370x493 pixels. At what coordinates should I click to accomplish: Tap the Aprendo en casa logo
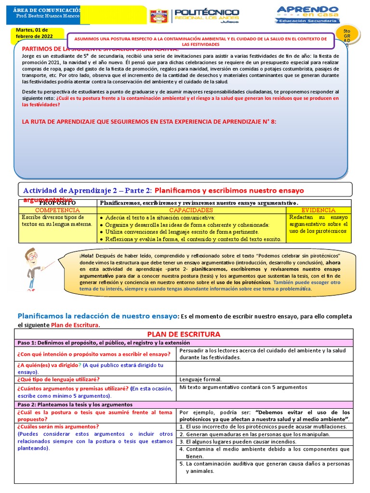pyautogui.click(x=307, y=14)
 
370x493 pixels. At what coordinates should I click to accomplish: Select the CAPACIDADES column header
pyautogui.click(x=191, y=210)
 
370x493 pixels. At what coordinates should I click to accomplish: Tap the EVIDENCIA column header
pyautogui.click(x=318, y=210)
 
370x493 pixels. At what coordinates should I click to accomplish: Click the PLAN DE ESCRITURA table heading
pyautogui.click(x=184, y=334)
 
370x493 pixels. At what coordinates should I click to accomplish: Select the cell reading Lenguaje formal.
pyautogui.click(x=200, y=379)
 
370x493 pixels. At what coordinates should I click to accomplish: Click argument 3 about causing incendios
pyautogui.click(x=236, y=441)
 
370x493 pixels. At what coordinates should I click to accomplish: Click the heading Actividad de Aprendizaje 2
pyautogui.click(x=84, y=191)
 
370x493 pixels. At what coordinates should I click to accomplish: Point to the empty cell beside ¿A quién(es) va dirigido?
pyautogui.click(x=264, y=368)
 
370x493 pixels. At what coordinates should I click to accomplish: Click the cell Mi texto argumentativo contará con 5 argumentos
pyautogui.click(x=243, y=387)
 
